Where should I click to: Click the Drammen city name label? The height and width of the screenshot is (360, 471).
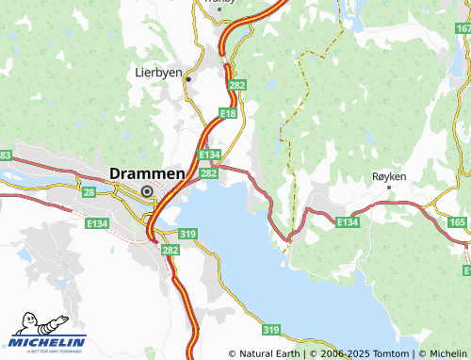(147, 173)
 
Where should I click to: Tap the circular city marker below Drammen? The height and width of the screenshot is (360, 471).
(147, 191)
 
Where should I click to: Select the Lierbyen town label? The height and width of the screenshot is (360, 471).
(155, 72)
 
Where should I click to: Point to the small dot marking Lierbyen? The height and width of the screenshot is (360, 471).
(188, 79)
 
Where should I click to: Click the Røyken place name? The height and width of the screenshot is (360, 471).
(389, 176)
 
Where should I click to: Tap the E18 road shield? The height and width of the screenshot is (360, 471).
(227, 113)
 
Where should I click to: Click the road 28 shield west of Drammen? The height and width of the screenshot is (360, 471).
(89, 191)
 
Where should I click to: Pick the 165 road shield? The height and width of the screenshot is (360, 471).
(458, 222)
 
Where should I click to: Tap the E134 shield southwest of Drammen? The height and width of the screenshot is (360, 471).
(95, 224)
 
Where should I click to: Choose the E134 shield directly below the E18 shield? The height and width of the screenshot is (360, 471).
(209, 155)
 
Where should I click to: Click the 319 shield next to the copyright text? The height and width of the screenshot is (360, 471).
(271, 329)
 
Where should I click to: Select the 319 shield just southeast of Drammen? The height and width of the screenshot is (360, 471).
(187, 234)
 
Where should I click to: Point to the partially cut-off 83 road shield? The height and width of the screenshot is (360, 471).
(5, 155)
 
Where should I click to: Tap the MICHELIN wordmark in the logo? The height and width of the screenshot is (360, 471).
(47, 342)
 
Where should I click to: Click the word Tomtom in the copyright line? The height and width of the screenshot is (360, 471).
(387, 354)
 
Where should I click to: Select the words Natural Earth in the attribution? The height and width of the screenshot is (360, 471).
(269, 354)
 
